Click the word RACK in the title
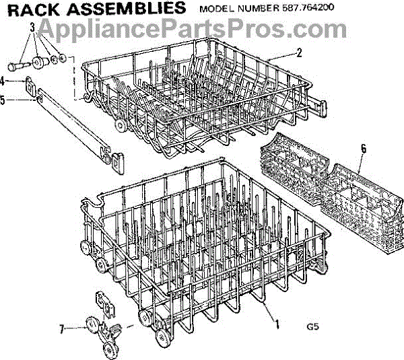tap(34, 9)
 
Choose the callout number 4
tap(5, 81)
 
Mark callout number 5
tap(5, 100)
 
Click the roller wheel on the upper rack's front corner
tap(121, 126)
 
